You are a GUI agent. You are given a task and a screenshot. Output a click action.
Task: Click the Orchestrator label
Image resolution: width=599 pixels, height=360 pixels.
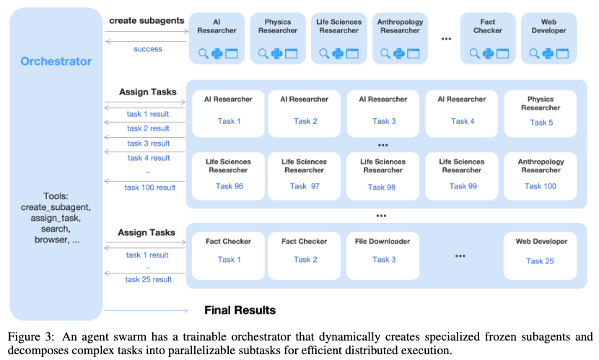[x=56, y=61]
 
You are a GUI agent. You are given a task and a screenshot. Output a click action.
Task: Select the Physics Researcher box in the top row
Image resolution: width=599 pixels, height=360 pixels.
[x=278, y=38]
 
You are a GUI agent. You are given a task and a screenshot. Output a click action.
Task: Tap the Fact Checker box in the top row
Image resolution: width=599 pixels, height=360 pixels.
[x=489, y=38]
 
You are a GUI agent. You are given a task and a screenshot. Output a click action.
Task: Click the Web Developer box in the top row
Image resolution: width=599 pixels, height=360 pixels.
[x=549, y=38]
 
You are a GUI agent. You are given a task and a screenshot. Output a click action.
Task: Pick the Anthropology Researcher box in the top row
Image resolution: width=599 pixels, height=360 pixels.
[x=400, y=38]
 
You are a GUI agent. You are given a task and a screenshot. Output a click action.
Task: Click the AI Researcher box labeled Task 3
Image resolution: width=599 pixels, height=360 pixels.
[x=383, y=113]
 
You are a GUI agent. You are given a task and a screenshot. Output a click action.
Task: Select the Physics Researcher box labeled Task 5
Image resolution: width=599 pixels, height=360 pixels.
[x=540, y=113]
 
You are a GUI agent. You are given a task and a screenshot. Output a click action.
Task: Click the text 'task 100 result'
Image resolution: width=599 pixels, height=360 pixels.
[x=150, y=188]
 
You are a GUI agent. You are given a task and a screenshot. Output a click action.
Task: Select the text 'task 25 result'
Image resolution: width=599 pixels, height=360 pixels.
[x=149, y=279]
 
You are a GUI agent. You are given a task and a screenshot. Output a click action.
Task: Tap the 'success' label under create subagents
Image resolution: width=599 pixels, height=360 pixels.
[x=148, y=49]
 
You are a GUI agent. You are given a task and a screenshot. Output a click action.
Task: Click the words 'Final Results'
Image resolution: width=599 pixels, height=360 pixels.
[x=240, y=310]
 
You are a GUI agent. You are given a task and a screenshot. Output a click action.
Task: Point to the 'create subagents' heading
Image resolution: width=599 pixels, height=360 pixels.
[x=147, y=20]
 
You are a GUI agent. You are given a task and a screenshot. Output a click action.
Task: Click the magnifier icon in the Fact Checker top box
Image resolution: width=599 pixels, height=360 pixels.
[x=474, y=53]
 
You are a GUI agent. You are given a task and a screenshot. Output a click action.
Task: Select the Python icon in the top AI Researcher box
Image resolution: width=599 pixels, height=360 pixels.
[x=217, y=53]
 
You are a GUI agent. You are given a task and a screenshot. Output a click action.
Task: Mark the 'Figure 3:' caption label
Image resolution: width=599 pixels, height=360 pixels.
[x=30, y=336]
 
